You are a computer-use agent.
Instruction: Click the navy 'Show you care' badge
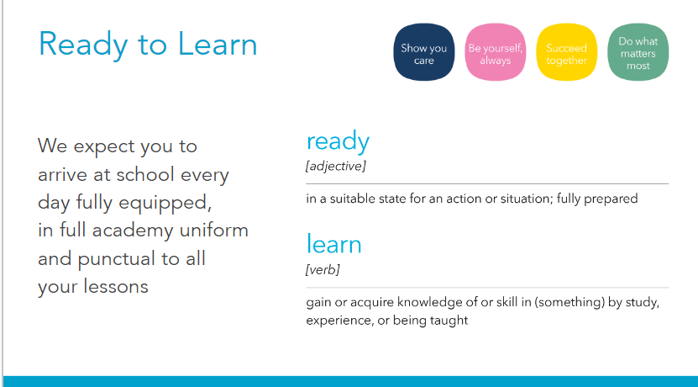pyautogui.click(x=424, y=52)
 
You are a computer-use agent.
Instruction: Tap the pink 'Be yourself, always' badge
pyautogui.click(x=496, y=52)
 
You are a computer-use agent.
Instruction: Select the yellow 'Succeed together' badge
pyautogui.click(x=567, y=52)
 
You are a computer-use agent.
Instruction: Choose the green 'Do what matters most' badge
pyautogui.click(x=638, y=52)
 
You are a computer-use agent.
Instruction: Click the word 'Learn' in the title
pyautogui.click(x=218, y=44)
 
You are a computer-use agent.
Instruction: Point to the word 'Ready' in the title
pyautogui.click(x=83, y=46)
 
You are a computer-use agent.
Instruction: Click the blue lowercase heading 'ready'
pyautogui.click(x=338, y=142)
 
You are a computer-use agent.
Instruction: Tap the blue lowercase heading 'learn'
pyautogui.click(x=333, y=244)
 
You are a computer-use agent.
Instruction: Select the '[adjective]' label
pyautogui.click(x=336, y=167)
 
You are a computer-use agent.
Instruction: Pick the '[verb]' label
pyautogui.click(x=323, y=270)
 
